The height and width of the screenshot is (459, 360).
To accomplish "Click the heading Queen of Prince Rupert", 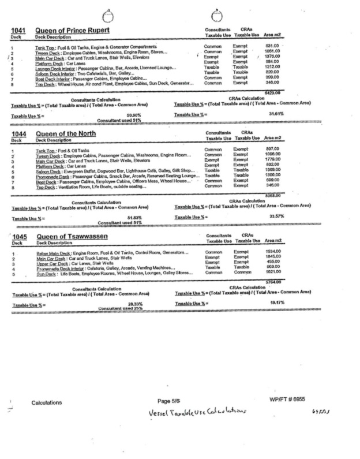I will (73, 29).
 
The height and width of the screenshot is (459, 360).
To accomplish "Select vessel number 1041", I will (19, 29).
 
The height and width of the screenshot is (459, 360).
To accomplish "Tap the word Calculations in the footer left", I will (48, 402).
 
